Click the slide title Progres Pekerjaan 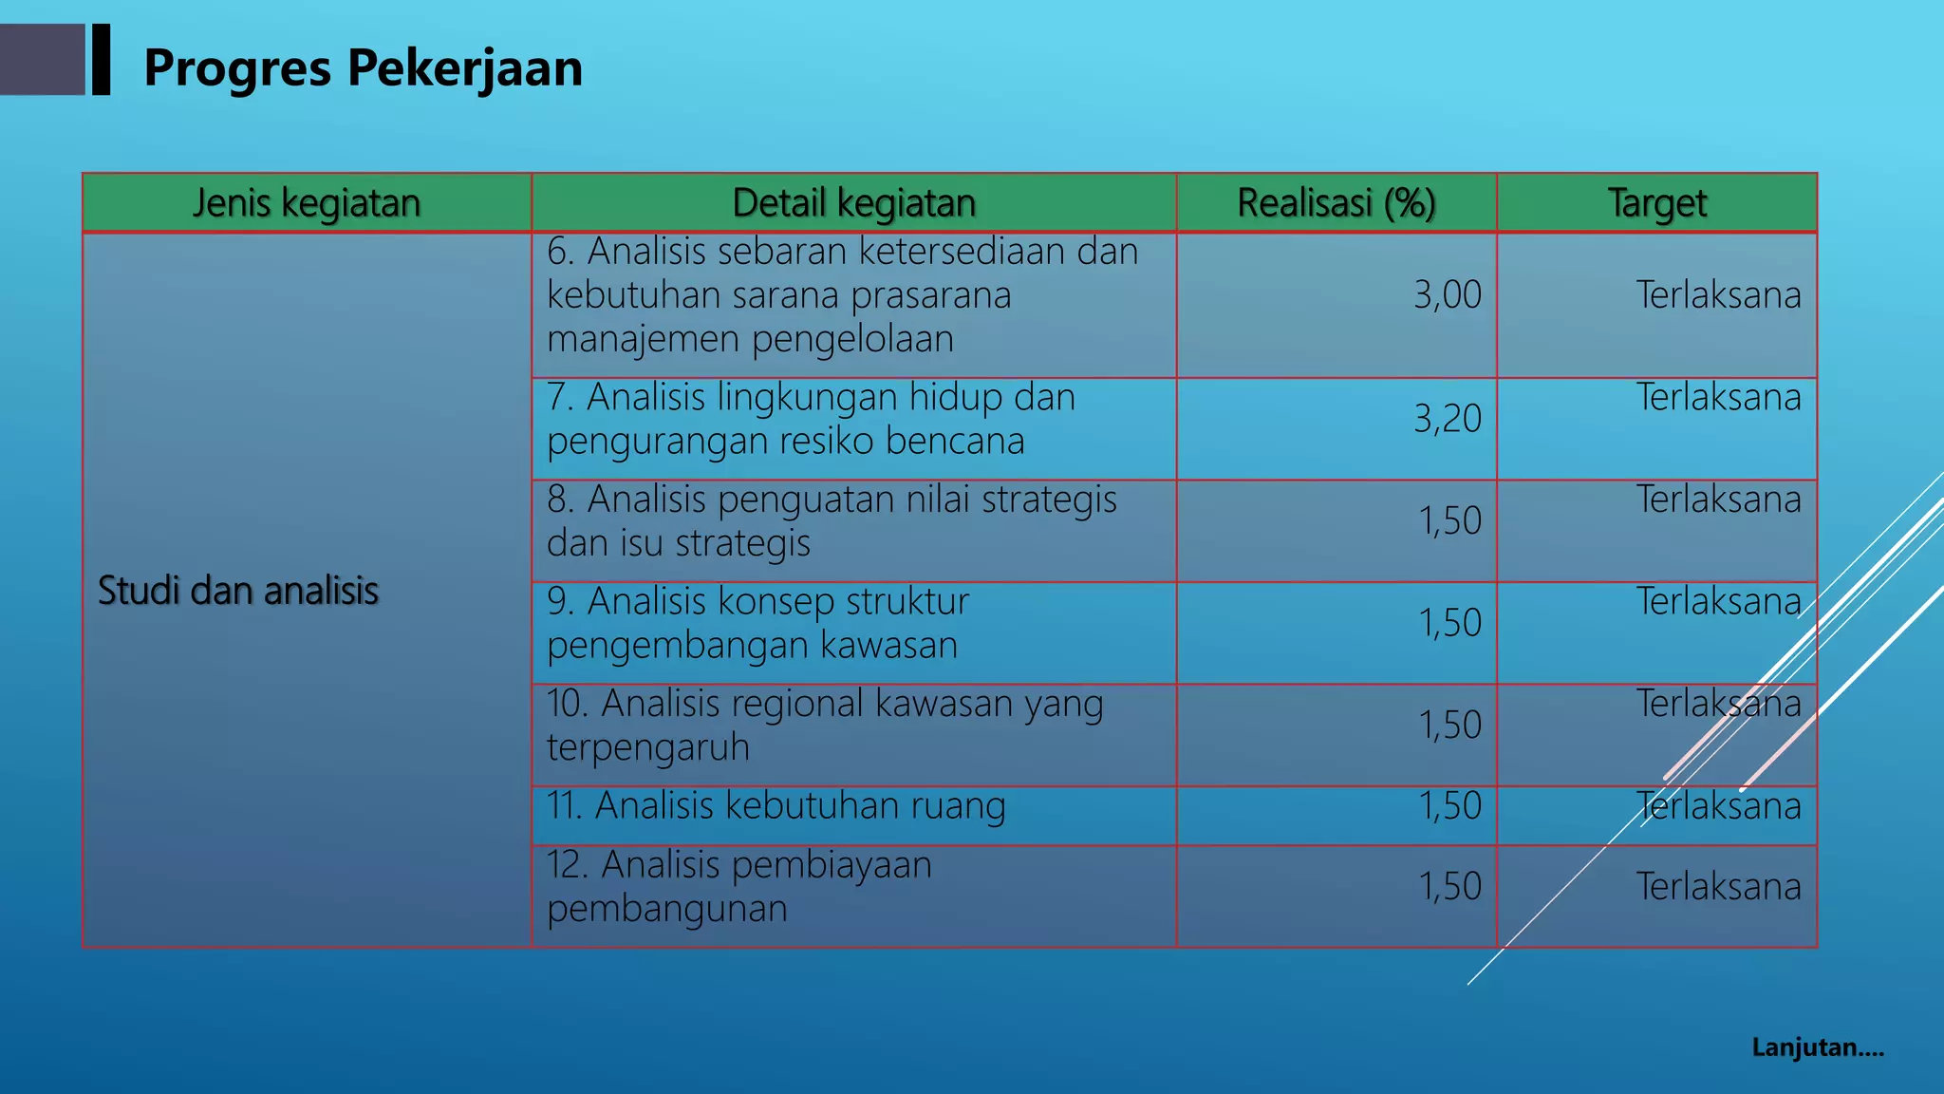363,68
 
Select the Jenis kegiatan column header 307,203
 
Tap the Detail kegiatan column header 853,203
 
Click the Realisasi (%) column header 1336,203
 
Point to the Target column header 1656,203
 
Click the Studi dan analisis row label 238,591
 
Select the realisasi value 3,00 1447,295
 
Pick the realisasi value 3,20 1447,419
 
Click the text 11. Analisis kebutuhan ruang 776,806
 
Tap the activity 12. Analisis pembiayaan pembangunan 738,887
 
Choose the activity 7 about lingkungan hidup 811,420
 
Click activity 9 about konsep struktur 757,624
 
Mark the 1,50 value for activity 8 1449,521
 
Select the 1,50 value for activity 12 1449,887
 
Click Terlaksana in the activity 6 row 1718,295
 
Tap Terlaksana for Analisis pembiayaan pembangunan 1718,887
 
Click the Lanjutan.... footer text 1818,1048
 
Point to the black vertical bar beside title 101,59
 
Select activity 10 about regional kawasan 824,726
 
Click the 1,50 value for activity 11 1449,806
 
